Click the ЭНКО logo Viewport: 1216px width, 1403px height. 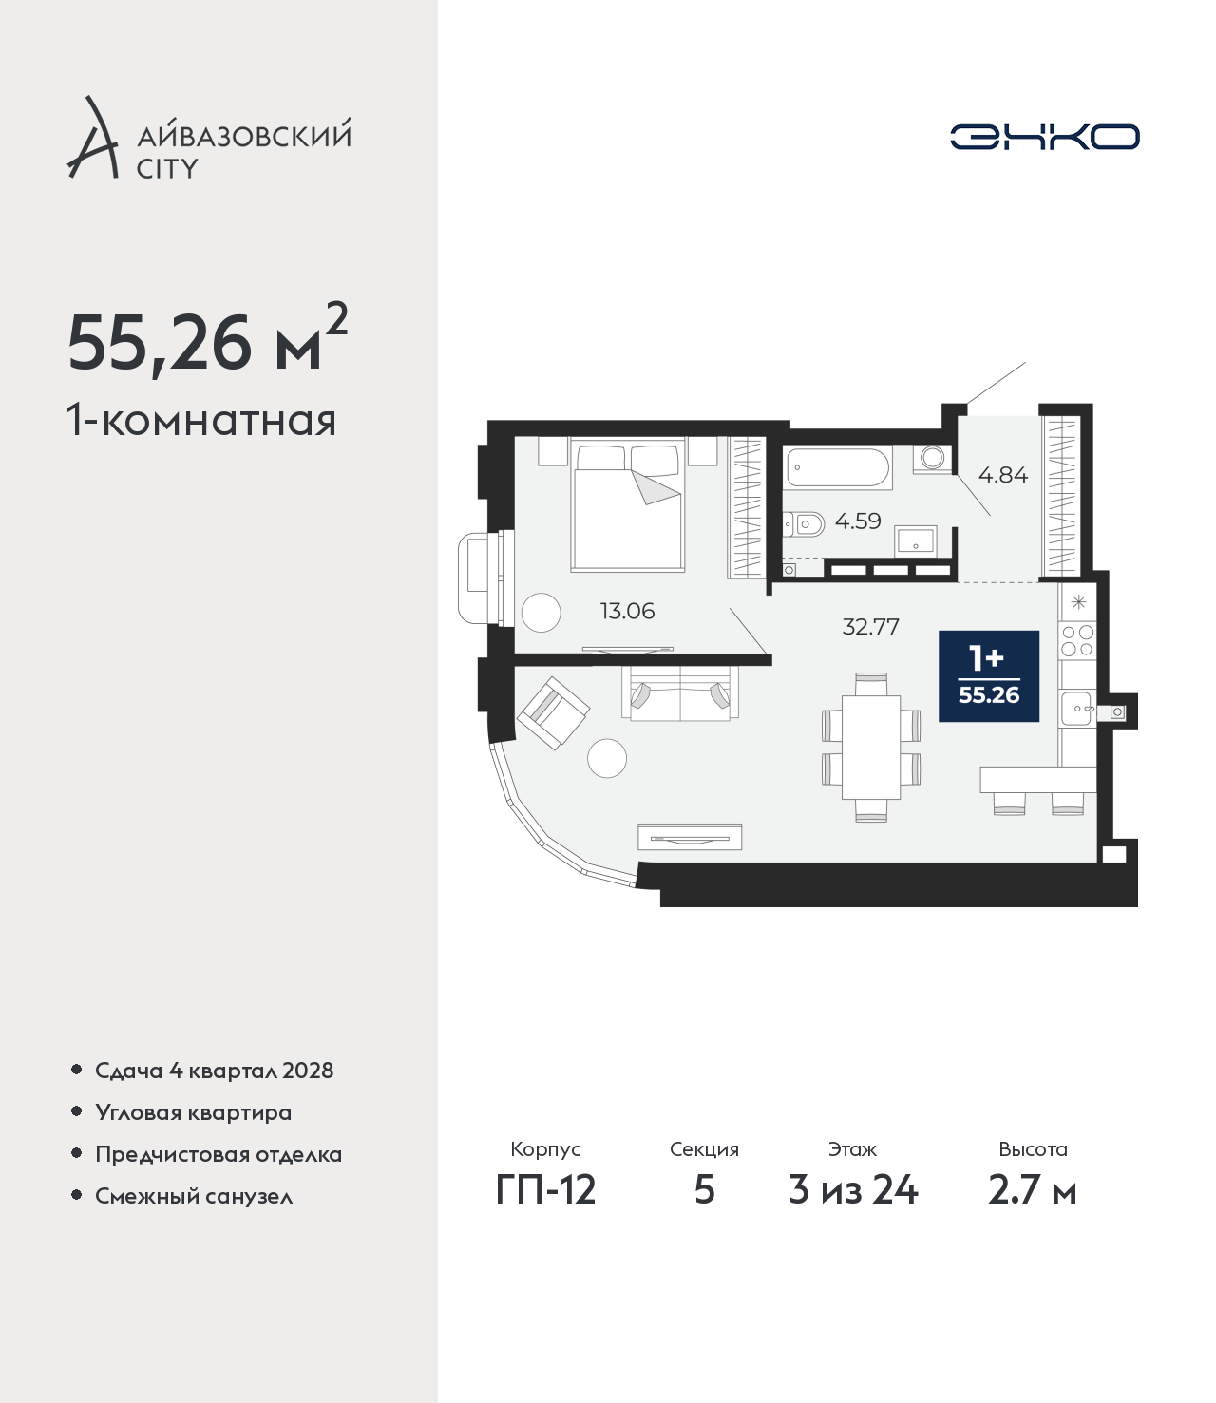point(1044,137)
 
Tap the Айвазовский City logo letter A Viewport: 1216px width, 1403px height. point(93,138)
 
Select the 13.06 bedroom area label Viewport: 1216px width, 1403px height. point(627,611)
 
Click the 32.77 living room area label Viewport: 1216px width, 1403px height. point(870,626)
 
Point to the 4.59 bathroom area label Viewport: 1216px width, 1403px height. point(858,521)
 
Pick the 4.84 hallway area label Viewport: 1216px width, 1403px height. point(1003,474)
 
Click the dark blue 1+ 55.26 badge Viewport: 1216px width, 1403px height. point(989,676)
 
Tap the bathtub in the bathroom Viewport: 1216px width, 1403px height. point(838,467)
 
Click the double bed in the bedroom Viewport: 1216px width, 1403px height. point(627,505)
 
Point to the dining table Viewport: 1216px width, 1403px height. point(871,748)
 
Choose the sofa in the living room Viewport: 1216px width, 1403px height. point(680,692)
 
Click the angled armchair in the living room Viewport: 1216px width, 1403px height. point(553,712)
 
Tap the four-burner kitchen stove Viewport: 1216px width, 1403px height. point(1077,640)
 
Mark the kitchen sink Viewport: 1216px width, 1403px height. point(1077,709)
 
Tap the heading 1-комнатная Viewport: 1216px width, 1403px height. point(201,422)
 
